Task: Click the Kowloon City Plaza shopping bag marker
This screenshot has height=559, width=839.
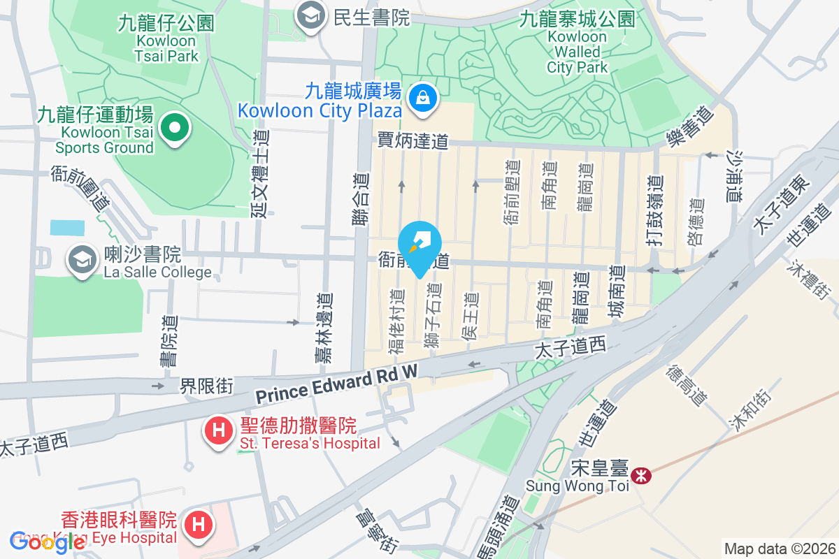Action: coord(423,98)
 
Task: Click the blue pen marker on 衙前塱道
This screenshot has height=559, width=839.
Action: coord(419,245)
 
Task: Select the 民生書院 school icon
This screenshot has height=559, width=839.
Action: coord(308,15)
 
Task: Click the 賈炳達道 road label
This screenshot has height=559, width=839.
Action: coord(413,140)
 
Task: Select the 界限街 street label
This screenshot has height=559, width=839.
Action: coord(206,386)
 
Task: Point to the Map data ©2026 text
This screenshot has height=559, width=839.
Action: coord(779,549)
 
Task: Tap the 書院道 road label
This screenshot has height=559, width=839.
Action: coord(168,341)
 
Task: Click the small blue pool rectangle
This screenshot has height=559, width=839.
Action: coord(67,228)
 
